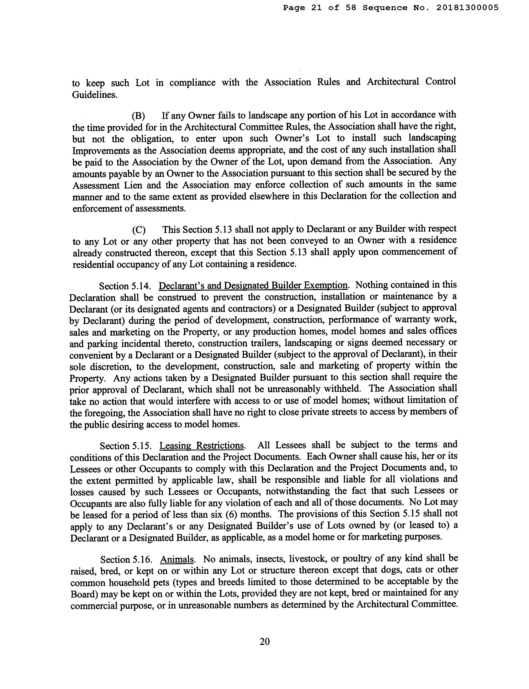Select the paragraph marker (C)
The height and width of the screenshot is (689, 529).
click(x=139, y=230)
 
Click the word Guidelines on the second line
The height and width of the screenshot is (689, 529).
click(x=94, y=95)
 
